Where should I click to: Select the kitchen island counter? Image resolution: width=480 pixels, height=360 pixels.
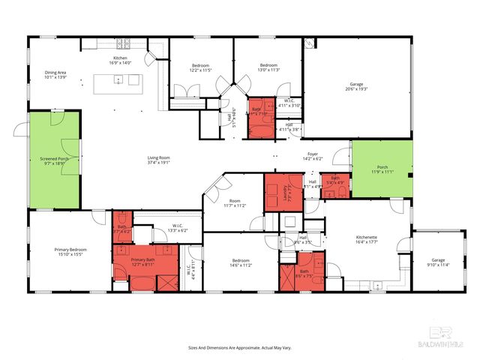pos(117,82)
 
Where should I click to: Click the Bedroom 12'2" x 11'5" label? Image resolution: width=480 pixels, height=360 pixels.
pos(200,69)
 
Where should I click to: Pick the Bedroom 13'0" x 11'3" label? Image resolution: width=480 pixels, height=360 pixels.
pos(268,67)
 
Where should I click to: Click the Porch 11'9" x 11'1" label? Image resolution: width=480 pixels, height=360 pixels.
pos(382,169)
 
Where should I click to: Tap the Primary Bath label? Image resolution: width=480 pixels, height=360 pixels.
pos(143,262)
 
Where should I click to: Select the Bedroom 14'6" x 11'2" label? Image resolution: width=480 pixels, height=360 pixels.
pos(240,263)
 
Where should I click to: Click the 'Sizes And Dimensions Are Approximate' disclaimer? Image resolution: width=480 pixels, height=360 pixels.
pos(239,347)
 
